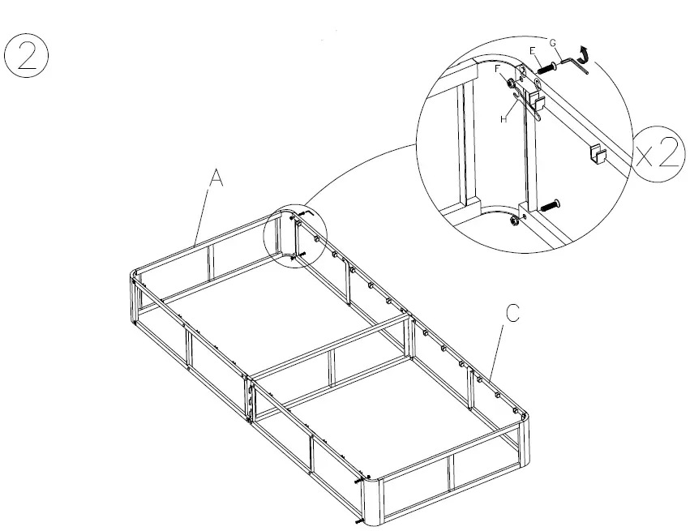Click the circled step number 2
[28, 54]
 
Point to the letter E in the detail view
[533, 51]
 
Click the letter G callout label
[553, 42]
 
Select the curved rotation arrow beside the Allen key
[586, 59]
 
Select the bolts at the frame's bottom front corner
[360, 490]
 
